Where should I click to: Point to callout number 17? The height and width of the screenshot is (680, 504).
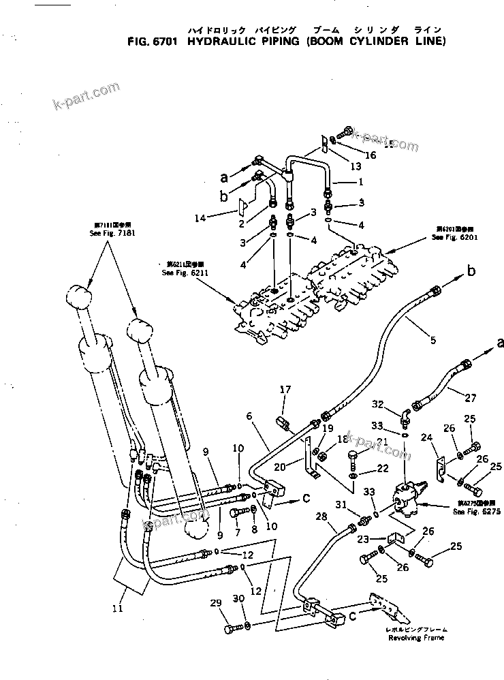(285, 390)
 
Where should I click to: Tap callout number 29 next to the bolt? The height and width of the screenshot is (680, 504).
(217, 603)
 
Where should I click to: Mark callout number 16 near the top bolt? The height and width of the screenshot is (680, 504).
(371, 155)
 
